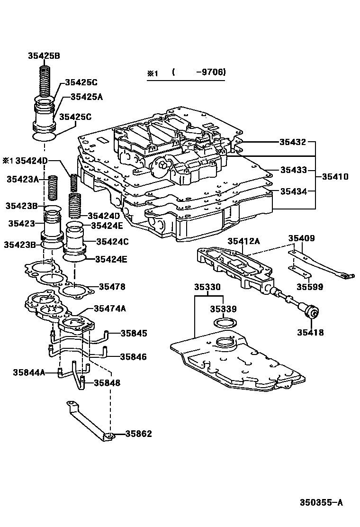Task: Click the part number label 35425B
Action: pyautogui.click(x=43, y=56)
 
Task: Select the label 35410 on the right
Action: pyautogui.click(x=335, y=177)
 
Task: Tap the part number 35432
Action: pyautogui.click(x=292, y=142)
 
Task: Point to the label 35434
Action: pyautogui.click(x=293, y=191)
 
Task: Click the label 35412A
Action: pyautogui.click(x=243, y=241)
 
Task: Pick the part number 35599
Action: pyautogui.click(x=310, y=287)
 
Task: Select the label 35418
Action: pyautogui.click(x=310, y=332)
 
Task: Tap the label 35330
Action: pyautogui.click(x=207, y=287)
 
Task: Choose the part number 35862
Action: pyautogui.click(x=139, y=434)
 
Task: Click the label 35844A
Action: pyautogui.click(x=29, y=373)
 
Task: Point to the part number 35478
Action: pyautogui.click(x=112, y=287)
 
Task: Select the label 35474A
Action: pyautogui.click(x=110, y=308)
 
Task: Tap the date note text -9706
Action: pyautogui.click(x=213, y=72)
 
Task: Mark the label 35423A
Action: pyautogui.click(x=23, y=179)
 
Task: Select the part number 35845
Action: pyautogui.click(x=134, y=333)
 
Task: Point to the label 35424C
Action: pyautogui.click(x=112, y=241)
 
